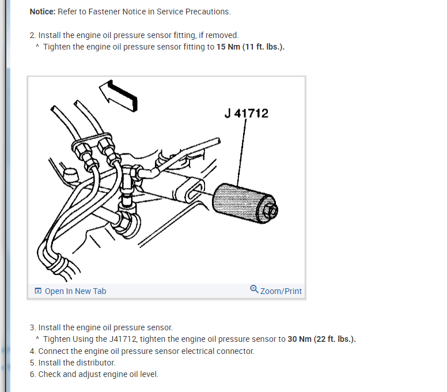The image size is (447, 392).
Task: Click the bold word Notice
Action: point(42,12)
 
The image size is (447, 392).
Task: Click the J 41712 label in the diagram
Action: point(246,113)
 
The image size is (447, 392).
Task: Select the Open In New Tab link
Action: point(75,291)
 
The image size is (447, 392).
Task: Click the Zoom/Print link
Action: point(281,291)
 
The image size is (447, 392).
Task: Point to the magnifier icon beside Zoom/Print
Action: point(254,289)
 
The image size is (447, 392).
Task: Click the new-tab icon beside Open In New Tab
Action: point(38,291)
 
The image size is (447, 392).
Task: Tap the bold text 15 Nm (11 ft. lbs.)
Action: point(251,47)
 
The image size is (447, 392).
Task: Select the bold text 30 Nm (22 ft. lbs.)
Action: point(321,339)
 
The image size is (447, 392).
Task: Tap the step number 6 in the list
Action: point(32,374)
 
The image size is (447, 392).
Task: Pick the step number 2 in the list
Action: point(32,35)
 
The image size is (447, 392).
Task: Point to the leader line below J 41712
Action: point(243,150)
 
